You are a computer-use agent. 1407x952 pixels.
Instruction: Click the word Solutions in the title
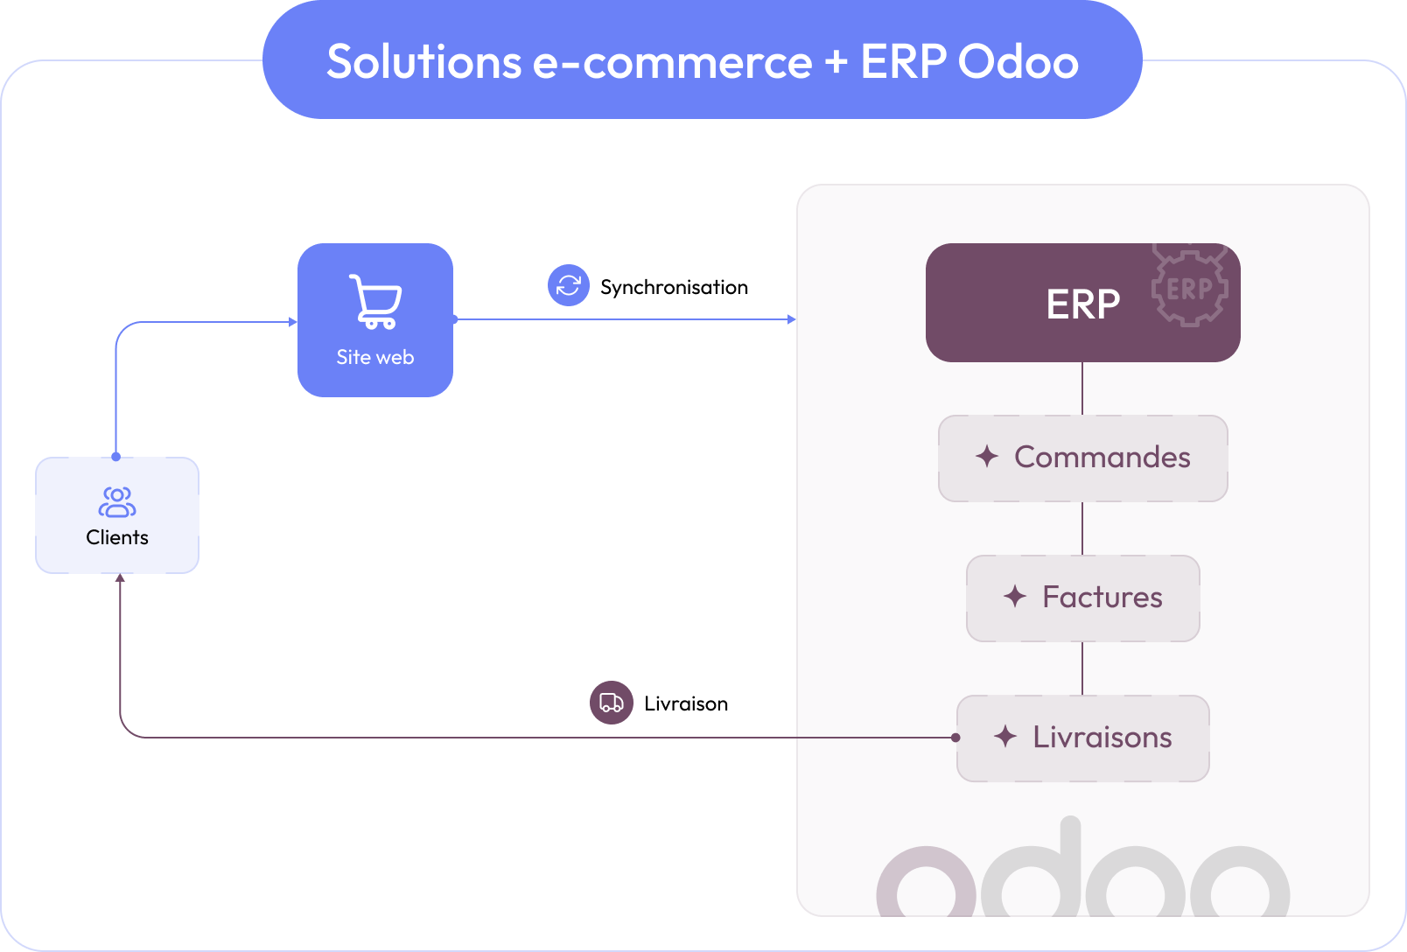coord(423,62)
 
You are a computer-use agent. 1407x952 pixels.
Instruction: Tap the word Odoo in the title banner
coord(1018,62)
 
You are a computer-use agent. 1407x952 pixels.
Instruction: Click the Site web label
coord(375,357)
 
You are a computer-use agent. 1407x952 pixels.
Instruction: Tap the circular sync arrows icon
coord(569,285)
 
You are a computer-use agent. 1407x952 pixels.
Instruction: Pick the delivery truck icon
coord(612,703)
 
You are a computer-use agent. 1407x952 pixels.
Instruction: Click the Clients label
coord(117,537)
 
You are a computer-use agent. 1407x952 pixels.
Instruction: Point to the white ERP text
coord(1082,304)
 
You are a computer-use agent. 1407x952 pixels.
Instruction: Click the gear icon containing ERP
coord(1189,287)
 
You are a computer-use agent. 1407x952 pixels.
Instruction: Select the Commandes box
coord(1082,458)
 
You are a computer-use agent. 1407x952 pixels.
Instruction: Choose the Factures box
coord(1082,598)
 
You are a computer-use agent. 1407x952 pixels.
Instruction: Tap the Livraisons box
coord(1082,738)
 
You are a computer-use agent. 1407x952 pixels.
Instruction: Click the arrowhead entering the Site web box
coord(293,322)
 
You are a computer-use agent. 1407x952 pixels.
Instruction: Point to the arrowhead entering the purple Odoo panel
coord(792,319)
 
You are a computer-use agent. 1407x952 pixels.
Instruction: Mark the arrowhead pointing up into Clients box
coord(120,578)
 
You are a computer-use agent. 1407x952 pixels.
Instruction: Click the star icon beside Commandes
coord(987,456)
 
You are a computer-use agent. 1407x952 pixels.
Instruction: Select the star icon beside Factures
coord(1015,596)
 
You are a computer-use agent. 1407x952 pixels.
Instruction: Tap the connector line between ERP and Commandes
coord(1082,388)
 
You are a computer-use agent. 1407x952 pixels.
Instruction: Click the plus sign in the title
coord(836,62)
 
